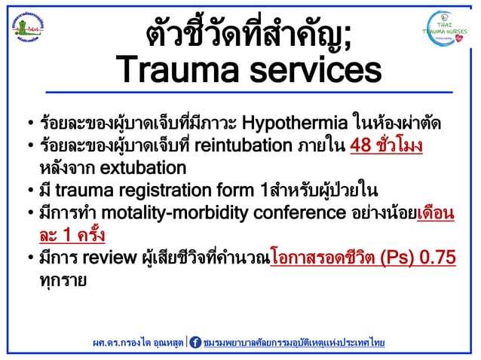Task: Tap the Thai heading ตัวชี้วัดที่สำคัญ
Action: [248, 31]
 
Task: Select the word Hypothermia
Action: [296, 122]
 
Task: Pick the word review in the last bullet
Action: [105, 259]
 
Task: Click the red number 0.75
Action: [436, 259]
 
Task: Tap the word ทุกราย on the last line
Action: [64, 280]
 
